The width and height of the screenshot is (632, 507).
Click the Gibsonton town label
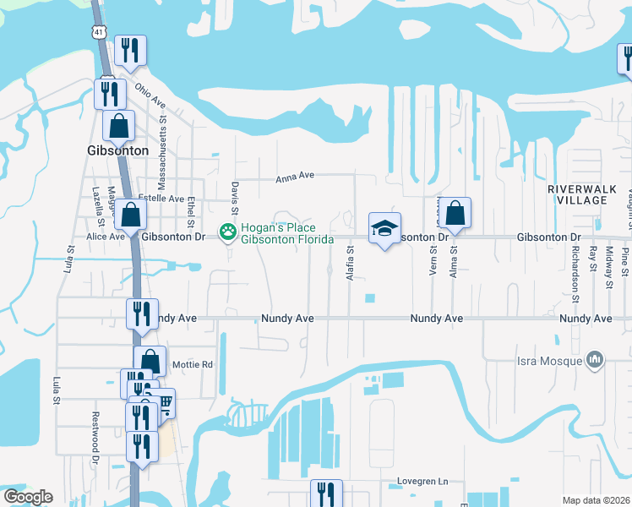pyautogui.click(x=117, y=150)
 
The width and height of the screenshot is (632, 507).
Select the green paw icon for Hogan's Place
pyautogui.click(x=226, y=231)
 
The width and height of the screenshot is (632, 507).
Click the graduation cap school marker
pyautogui.click(x=384, y=227)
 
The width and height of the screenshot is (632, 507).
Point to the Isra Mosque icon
pyautogui.click(x=595, y=360)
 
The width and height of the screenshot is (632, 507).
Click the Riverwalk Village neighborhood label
pyautogui.click(x=577, y=194)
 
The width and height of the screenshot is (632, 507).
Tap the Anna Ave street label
pyautogui.click(x=296, y=176)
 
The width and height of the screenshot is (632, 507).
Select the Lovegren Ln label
pyautogui.click(x=423, y=482)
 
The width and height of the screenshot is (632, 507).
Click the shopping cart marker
pyautogui.click(x=163, y=403)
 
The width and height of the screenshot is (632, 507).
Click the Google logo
pyautogui.click(x=27, y=497)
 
